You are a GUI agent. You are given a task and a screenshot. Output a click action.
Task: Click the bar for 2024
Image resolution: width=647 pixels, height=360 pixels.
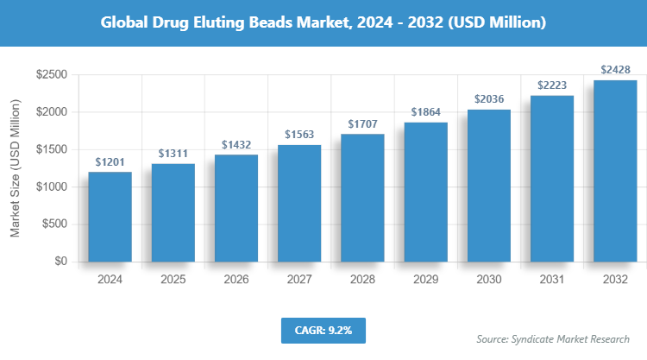[x=110, y=217]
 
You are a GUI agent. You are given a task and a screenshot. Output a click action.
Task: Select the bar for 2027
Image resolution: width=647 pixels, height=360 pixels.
[x=299, y=203]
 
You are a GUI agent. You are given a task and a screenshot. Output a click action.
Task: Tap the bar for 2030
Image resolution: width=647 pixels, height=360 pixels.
[x=489, y=186]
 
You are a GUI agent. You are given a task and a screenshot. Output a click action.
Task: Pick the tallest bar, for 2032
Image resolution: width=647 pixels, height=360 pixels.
[x=615, y=171]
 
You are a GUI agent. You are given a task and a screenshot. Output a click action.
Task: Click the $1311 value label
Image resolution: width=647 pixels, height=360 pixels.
[x=173, y=154]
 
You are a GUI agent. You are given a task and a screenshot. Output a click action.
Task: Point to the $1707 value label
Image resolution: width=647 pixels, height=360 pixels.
[x=362, y=124]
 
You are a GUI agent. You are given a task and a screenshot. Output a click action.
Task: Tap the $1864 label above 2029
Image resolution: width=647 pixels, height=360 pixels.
[x=425, y=112]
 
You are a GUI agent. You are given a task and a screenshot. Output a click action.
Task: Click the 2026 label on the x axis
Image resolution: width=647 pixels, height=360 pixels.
[x=236, y=281]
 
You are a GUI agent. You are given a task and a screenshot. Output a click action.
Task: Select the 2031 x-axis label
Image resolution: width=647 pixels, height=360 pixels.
[x=552, y=281]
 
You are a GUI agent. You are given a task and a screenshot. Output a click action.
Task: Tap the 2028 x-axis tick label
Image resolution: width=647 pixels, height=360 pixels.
[x=362, y=281]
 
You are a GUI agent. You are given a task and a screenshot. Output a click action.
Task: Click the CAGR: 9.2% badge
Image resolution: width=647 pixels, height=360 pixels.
[x=323, y=331]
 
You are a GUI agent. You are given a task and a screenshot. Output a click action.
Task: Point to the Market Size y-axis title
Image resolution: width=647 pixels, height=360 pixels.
[x=16, y=168]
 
